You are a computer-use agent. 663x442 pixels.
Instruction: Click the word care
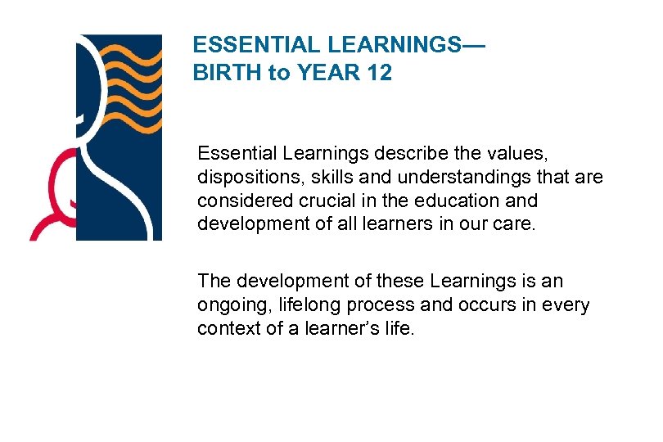(x=514, y=224)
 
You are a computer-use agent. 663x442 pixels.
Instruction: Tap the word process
(x=368, y=305)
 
